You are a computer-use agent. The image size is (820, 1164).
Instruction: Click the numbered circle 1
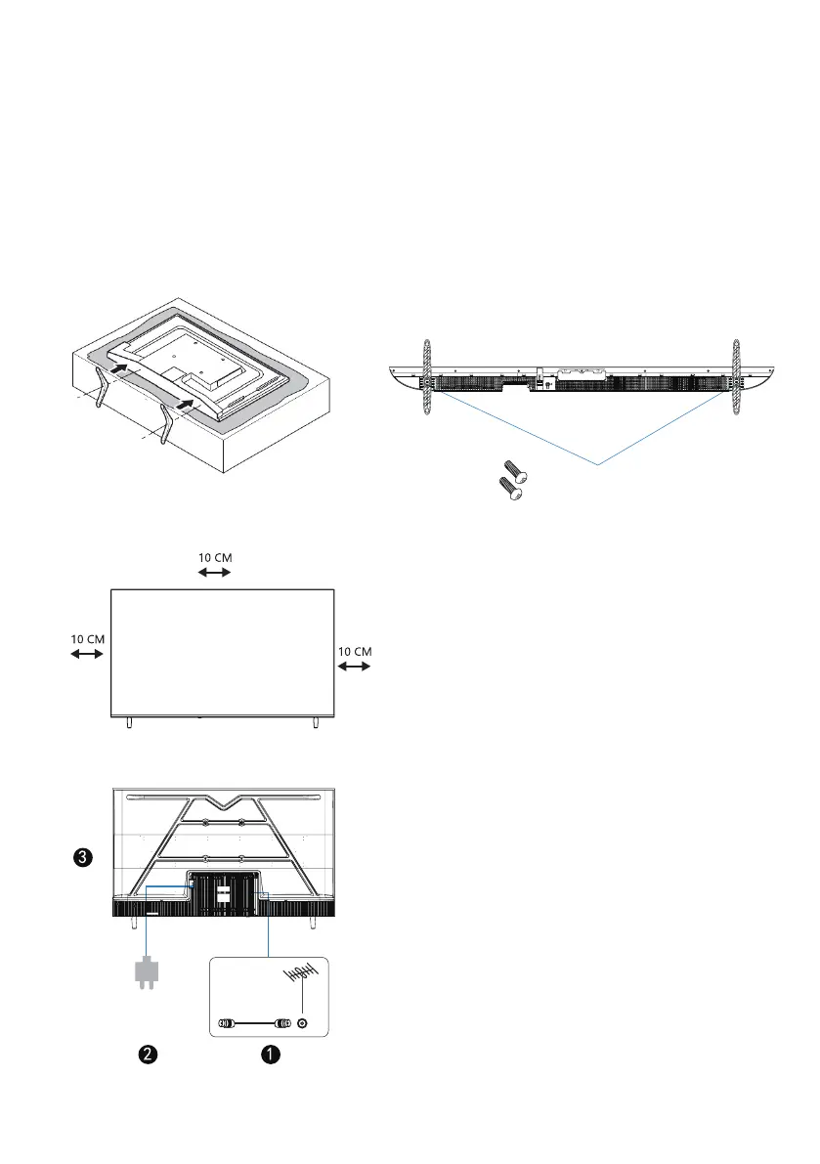[271, 1055]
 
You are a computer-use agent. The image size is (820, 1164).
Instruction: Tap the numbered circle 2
[148, 1055]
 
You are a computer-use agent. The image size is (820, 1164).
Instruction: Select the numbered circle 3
[83, 857]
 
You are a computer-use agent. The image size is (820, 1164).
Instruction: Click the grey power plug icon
[147, 974]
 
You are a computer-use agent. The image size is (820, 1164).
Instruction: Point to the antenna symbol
[301, 978]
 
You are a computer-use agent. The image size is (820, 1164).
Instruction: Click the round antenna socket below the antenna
[302, 1023]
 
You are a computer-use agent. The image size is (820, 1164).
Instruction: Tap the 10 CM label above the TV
[215, 557]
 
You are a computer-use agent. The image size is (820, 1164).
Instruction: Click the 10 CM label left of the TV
[88, 639]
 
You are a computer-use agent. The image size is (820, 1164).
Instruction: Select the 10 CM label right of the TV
[355, 652]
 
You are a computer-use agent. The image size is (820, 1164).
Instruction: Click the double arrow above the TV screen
[214, 573]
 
